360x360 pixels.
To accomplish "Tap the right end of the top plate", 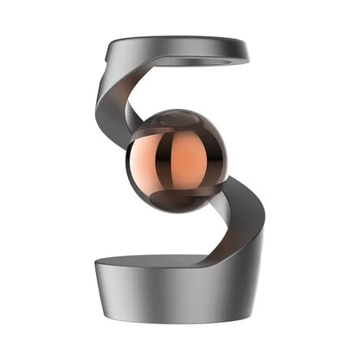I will (248, 54).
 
